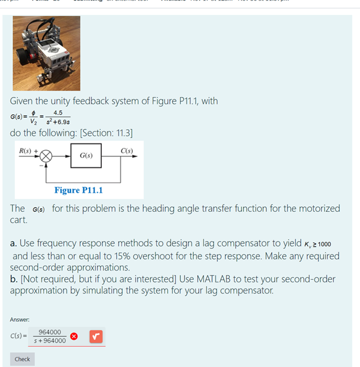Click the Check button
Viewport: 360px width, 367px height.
click(22, 359)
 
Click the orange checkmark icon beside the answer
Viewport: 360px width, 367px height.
click(95, 337)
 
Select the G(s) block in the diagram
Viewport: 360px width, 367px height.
click(86, 155)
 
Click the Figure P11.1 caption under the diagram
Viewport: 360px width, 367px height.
click(78, 190)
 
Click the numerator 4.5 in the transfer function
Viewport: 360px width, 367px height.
click(57, 112)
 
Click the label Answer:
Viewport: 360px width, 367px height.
click(21, 319)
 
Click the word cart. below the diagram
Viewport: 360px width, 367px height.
click(19, 219)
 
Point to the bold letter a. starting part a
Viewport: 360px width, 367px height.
click(14, 244)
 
